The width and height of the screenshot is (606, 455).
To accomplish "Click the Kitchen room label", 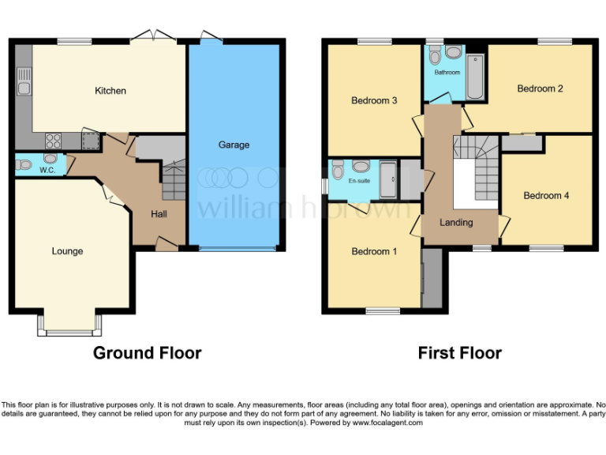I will tap(110, 91).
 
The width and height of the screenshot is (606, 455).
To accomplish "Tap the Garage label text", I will tap(234, 145).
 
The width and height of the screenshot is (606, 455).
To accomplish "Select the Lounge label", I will tap(67, 251).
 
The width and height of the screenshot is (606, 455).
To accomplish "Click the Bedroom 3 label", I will tap(374, 100).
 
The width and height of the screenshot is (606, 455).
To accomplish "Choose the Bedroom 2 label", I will tap(540, 88).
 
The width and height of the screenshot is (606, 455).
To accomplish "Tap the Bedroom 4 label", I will tap(546, 195).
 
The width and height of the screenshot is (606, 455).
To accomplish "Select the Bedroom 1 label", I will tap(374, 251).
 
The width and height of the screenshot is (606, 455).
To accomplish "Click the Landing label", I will tap(456, 223).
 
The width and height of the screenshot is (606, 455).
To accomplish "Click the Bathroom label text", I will tap(447, 73).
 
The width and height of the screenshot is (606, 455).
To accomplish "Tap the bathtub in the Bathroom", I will tap(474, 78).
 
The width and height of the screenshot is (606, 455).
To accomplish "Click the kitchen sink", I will tap(24, 83).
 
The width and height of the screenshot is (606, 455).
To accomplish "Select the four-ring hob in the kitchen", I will tap(54, 141).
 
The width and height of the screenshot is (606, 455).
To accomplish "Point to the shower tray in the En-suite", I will tap(388, 180).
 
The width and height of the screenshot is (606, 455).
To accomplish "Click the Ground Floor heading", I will tap(147, 352).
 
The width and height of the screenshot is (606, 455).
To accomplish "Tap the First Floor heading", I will tap(459, 352).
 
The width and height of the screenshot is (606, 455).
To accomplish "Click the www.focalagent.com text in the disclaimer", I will tap(387, 423).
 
